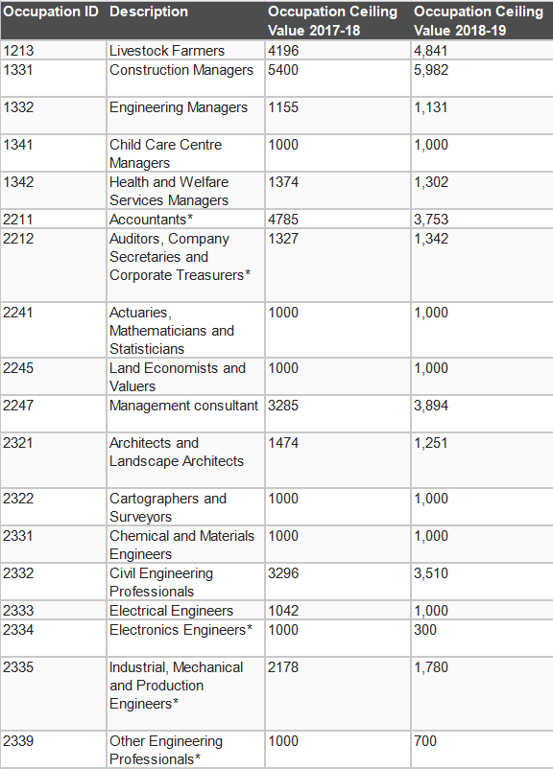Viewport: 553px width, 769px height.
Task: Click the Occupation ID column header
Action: (x=51, y=12)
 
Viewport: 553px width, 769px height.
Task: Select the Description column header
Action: (x=149, y=12)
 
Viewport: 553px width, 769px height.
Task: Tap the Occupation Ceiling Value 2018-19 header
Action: (x=478, y=21)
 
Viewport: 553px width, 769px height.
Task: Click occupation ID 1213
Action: (x=18, y=51)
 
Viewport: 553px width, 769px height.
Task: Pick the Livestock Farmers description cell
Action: (x=167, y=51)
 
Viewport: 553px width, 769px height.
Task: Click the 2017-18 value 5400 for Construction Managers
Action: (x=283, y=70)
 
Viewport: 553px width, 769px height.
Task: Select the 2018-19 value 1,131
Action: (x=431, y=107)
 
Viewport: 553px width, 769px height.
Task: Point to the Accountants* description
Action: (x=152, y=220)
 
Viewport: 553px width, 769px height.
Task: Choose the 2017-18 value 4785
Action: (x=283, y=220)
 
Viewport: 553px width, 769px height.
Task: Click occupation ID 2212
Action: (x=18, y=239)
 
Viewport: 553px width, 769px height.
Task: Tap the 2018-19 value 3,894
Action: (x=431, y=405)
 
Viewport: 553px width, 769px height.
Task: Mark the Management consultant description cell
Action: (x=183, y=406)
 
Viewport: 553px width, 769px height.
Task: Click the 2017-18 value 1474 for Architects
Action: (x=283, y=442)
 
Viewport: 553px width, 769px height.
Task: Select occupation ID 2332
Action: (x=18, y=572)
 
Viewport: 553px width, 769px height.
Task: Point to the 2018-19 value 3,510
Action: (x=431, y=572)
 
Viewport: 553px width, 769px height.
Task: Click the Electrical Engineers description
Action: (x=172, y=611)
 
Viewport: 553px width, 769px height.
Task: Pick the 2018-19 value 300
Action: (x=425, y=629)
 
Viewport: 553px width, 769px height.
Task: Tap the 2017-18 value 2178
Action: (x=283, y=667)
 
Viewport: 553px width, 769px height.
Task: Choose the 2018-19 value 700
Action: (x=425, y=740)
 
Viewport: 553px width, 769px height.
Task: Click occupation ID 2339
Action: (x=18, y=740)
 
